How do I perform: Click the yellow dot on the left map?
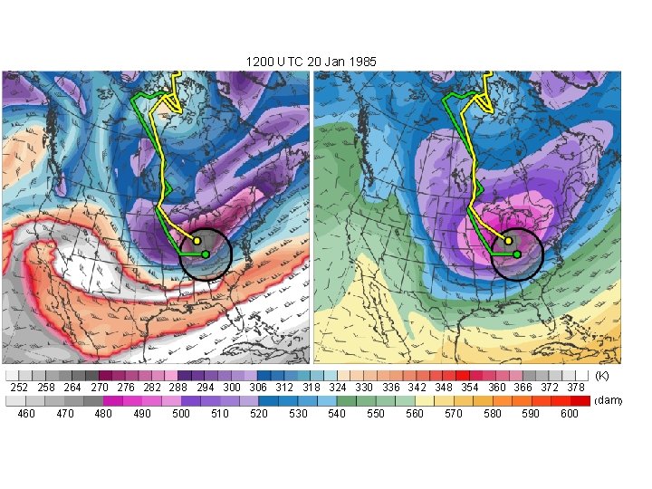197,241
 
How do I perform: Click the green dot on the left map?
206,254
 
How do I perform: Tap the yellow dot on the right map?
508,241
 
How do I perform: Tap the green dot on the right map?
517,254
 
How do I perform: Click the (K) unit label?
602,375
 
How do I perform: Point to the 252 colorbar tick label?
18,388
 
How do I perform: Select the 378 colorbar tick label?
576,388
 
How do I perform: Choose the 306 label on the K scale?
257,388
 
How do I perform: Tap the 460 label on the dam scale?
26,414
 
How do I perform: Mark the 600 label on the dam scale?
570,414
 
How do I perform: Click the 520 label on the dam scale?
259,414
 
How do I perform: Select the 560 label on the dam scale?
415,414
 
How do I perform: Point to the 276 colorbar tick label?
125,388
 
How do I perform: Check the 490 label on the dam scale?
142,414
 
